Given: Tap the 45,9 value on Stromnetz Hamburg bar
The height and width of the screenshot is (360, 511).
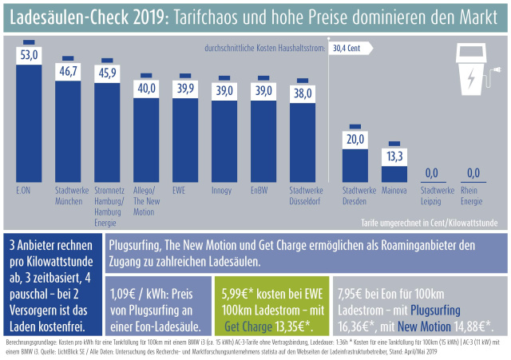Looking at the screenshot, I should (108, 73).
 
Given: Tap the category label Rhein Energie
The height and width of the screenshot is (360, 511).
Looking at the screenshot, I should (473, 196).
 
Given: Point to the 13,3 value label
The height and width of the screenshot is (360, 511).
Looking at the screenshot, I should (394, 156).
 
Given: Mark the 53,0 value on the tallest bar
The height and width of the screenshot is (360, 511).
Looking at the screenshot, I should (30, 54).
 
